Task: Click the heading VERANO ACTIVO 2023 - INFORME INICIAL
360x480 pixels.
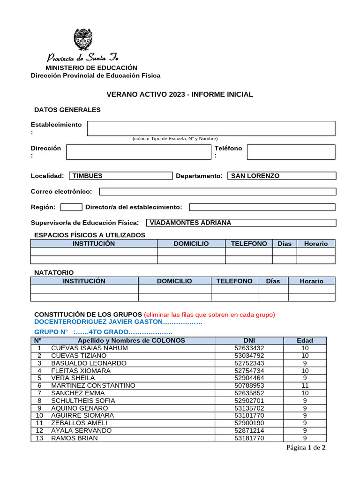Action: point(180,94)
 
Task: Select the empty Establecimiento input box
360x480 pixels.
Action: point(211,128)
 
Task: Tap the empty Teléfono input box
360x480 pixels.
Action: point(291,152)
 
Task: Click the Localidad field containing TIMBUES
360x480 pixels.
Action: point(120,176)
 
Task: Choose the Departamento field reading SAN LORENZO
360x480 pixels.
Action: point(281,176)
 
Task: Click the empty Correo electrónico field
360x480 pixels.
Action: point(217,191)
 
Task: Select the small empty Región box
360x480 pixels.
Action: point(71,207)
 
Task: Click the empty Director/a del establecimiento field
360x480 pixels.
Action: point(262,207)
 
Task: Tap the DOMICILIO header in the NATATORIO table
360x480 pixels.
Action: point(174,281)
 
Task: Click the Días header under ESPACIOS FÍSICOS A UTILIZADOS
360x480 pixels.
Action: point(285,243)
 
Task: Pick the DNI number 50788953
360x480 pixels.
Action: point(249,385)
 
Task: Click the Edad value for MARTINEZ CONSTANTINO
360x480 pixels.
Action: point(305,385)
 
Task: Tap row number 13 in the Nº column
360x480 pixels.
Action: point(39,438)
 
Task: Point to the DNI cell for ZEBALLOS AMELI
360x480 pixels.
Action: point(249,423)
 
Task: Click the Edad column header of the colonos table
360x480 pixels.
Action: point(305,340)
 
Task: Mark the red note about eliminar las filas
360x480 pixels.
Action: point(209,314)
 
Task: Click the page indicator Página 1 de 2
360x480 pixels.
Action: point(306,448)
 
